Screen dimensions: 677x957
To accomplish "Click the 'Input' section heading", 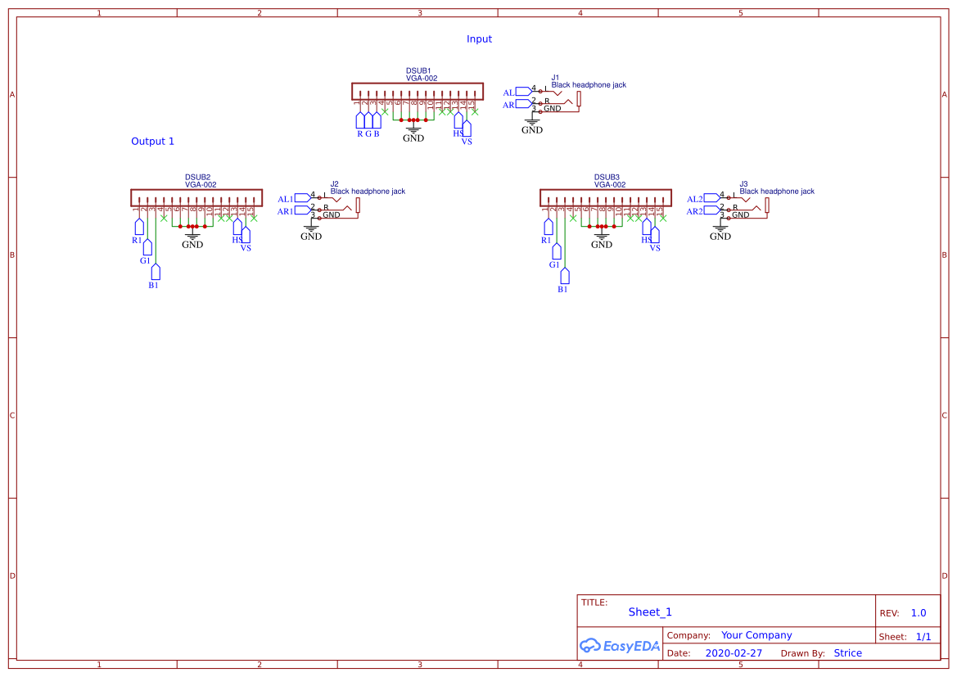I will [x=479, y=39].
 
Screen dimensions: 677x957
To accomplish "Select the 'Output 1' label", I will [x=152, y=142].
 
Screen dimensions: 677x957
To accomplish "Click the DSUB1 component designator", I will [x=418, y=71].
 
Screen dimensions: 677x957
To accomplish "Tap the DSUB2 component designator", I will [x=197, y=178].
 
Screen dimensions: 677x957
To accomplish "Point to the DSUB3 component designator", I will [x=607, y=178].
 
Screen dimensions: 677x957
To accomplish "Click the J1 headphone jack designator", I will [x=555, y=78].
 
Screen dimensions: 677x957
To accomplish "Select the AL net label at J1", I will [x=508, y=93].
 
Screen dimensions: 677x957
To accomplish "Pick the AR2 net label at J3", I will [x=694, y=211].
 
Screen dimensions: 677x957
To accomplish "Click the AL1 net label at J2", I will [x=285, y=199].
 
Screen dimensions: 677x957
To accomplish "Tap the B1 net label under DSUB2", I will [x=153, y=286].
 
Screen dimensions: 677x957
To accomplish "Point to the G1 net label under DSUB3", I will [x=554, y=265].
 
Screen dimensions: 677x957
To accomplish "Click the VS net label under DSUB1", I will [x=467, y=142].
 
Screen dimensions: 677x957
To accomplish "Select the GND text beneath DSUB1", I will [x=413, y=138].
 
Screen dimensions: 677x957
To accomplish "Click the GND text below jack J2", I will [x=311, y=237].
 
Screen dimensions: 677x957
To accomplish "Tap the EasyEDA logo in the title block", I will [x=620, y=646].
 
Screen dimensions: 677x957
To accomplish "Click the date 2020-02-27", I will [x=734, y=653].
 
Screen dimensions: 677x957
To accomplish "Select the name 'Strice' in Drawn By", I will [x=847, y=653].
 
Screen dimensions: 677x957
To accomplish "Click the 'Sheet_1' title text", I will [x=650, y=612].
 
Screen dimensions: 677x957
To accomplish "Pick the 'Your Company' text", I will [x=756, y=635].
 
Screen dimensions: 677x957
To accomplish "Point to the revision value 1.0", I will [x=919, y=613].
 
